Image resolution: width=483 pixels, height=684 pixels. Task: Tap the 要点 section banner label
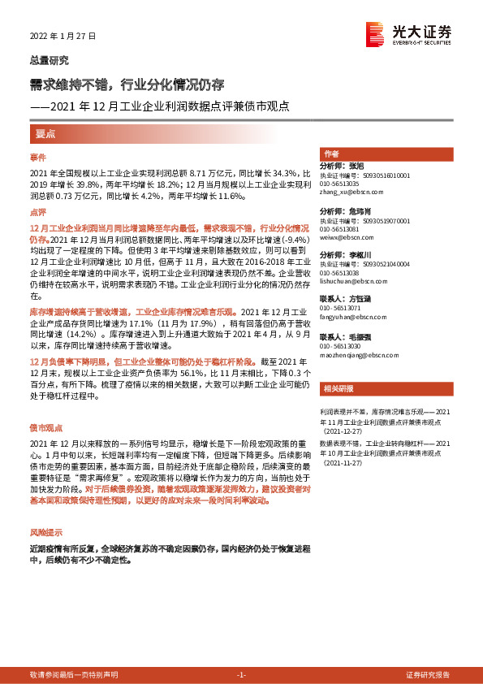(45, 133)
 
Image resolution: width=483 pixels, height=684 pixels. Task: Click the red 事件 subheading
(39, 156)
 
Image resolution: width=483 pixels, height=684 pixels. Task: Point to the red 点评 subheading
(39, 211)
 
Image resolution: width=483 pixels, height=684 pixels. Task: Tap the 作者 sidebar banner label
(331, 154)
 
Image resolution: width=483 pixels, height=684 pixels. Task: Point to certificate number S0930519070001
(376, 220)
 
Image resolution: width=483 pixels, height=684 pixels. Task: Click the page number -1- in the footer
(241, 675)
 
